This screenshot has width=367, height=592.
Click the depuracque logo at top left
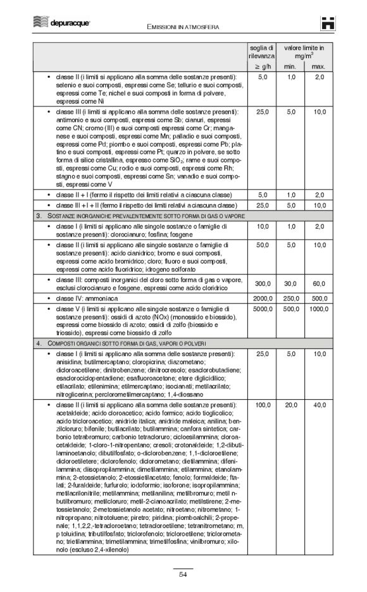pyautogui.click(x=61, y=23)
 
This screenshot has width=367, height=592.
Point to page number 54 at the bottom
pyautogui.click(x=183, y=574)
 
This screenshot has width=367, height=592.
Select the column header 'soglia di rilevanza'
pyautogui.click(x=261, y=52)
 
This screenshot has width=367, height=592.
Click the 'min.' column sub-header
pyautogui.click(x=290, y=66)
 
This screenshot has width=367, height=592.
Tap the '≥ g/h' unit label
pyautogui.click(x=261, y=66)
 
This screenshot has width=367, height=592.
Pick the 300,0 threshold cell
pyautogui.click(x=263, y=284)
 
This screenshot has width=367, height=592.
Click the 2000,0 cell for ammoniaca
pyautogui.click(x=262, y=297)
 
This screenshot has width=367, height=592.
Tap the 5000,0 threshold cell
pyautogui.click(x=262, y=309)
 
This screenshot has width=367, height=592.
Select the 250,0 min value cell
pyautogui.click(x=291, y=297)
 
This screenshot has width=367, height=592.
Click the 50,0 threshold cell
pyautogui.click(x=263, y=244)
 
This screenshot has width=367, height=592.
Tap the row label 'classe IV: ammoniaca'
pyautogui.click(x=95, y=297)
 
